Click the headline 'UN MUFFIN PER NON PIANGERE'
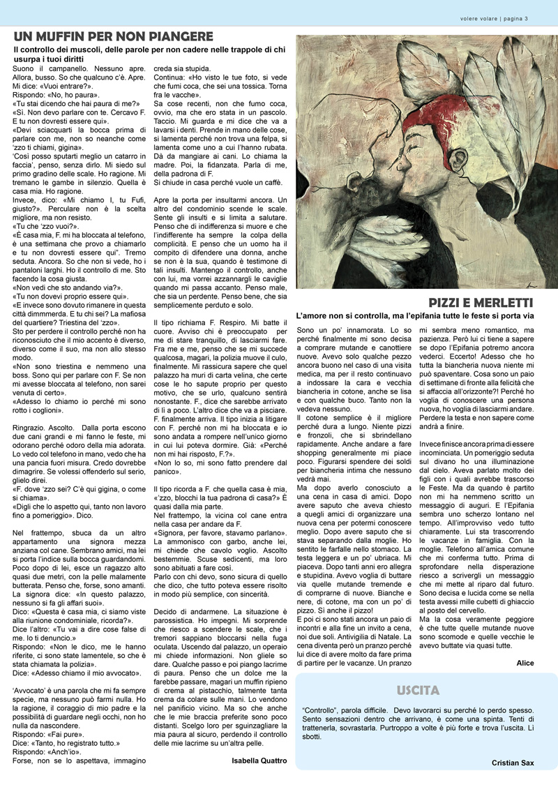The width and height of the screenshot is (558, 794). click(x=114, y=36)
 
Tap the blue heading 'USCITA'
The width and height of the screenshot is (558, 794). click(x=418, y=691)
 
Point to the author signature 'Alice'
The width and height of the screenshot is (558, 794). click(x=525, y=662)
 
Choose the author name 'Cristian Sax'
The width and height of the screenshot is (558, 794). click(x=513, y=763)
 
